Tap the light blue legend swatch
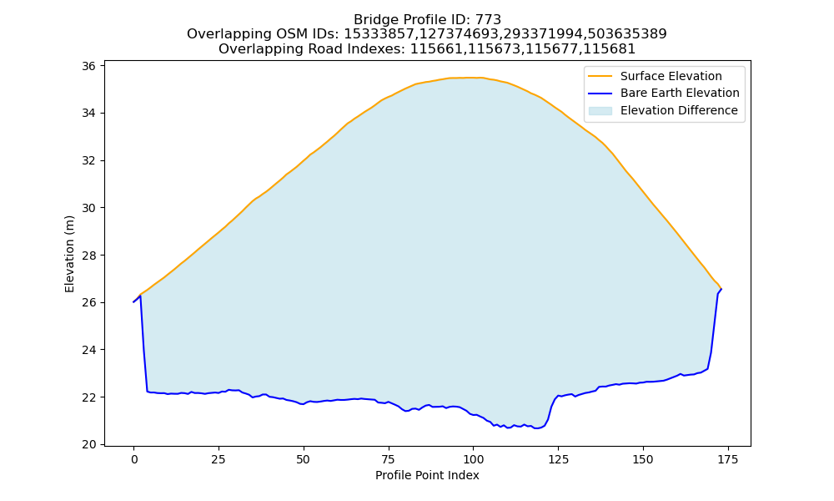click(x=600, y=111)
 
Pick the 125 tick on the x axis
click(x=558, y=459)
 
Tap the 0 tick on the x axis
click(x=134, y=459)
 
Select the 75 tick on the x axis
click(x=389, y=459)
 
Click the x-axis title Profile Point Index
click(x=427, y=475)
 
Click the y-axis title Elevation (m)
click(x=70, y=254)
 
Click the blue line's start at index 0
click(x=133, y=302)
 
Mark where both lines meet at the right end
click(x=721, y=289)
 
